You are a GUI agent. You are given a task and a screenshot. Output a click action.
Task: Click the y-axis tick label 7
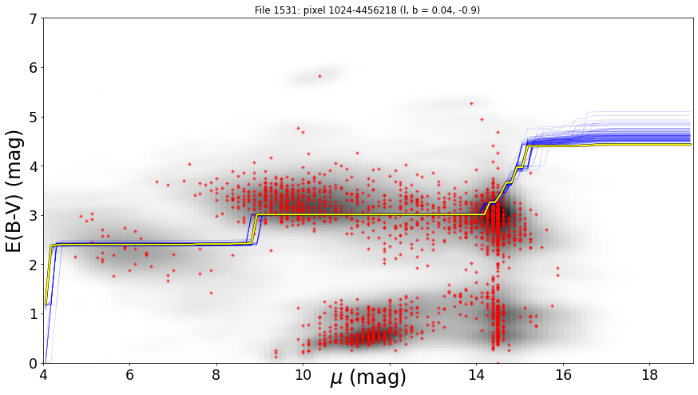point(34,18)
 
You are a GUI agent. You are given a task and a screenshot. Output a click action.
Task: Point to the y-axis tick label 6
point(34,68)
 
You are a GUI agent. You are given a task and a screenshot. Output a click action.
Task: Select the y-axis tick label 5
point(34,118)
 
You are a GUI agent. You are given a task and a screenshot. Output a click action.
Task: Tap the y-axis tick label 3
point(34,216)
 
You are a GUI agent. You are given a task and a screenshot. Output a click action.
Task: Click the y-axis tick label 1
point(34,314)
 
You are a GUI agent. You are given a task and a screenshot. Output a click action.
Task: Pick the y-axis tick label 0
point(34,363)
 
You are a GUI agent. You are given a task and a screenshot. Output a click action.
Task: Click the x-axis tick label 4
point(43,374)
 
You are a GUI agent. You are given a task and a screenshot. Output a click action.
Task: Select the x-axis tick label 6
point(129,374)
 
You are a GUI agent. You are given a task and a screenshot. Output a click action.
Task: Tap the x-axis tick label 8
point(216,374)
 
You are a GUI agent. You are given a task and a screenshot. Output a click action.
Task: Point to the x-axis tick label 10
point(303,374)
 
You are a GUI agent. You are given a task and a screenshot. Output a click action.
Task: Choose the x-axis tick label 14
point(476,374)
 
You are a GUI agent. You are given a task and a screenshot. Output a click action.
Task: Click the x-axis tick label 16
point(563,374)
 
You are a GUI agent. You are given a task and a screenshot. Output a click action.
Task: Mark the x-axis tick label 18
point(650,374)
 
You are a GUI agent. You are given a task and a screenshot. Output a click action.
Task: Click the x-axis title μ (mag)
point(368,378)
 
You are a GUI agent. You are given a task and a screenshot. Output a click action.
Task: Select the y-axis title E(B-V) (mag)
point(14,191)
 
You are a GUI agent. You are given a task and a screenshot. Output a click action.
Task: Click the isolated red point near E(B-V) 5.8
point(319,76)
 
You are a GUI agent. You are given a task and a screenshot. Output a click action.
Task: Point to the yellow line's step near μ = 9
point(254,229)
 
